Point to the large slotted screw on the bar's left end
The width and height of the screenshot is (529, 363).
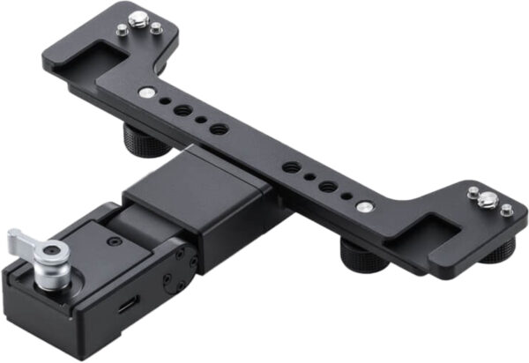coord(138,18)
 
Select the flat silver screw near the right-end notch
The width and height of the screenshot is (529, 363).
coord(362,207)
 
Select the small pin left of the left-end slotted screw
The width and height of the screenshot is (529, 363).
coord(121,30)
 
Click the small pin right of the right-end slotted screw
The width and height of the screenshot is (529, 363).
coord(506,211)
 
